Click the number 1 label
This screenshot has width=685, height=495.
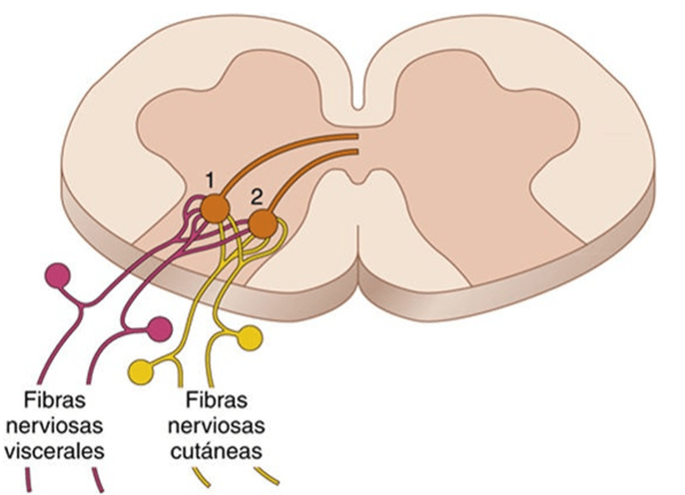210,180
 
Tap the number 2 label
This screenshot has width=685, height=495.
257,198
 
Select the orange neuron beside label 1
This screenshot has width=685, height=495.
215,209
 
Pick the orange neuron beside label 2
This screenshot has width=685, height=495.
263,225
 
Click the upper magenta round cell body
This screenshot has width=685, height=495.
58,275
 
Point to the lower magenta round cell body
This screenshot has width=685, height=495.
159,329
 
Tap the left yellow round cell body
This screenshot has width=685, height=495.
141,372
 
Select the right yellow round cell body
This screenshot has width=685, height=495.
251,338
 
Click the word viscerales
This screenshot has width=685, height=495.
55,451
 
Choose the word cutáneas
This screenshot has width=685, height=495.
217,451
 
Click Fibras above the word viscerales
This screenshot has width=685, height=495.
55,400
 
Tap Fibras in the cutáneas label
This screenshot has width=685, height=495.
217,400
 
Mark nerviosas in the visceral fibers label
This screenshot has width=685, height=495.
55,425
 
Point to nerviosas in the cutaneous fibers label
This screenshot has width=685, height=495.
217,425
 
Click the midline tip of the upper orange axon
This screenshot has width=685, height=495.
357,136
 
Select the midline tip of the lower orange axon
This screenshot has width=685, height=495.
357,152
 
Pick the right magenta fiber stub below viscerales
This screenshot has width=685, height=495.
99,479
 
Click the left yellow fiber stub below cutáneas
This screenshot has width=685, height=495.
202,477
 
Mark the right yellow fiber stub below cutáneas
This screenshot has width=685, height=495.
267,476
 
